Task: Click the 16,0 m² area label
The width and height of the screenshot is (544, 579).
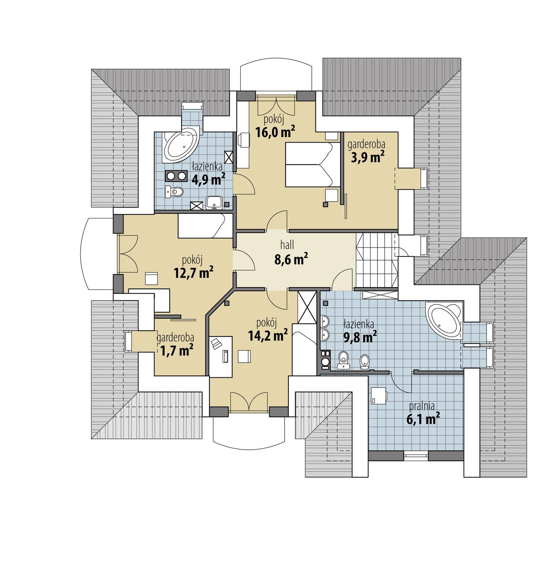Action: tap(275, 132)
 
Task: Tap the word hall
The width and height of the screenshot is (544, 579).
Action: tap(287, 245)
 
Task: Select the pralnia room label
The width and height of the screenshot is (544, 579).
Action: tap(422, 406)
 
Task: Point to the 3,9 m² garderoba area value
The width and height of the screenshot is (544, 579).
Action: tap(368, 157)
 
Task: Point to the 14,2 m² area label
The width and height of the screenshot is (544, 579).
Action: tap(268, 335)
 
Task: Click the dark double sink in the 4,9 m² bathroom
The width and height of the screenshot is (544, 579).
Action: tap(176, 176)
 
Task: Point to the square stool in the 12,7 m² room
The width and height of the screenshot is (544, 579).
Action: tap(151, 279)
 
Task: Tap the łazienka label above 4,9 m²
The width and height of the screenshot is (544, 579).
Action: tap(207, 167)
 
